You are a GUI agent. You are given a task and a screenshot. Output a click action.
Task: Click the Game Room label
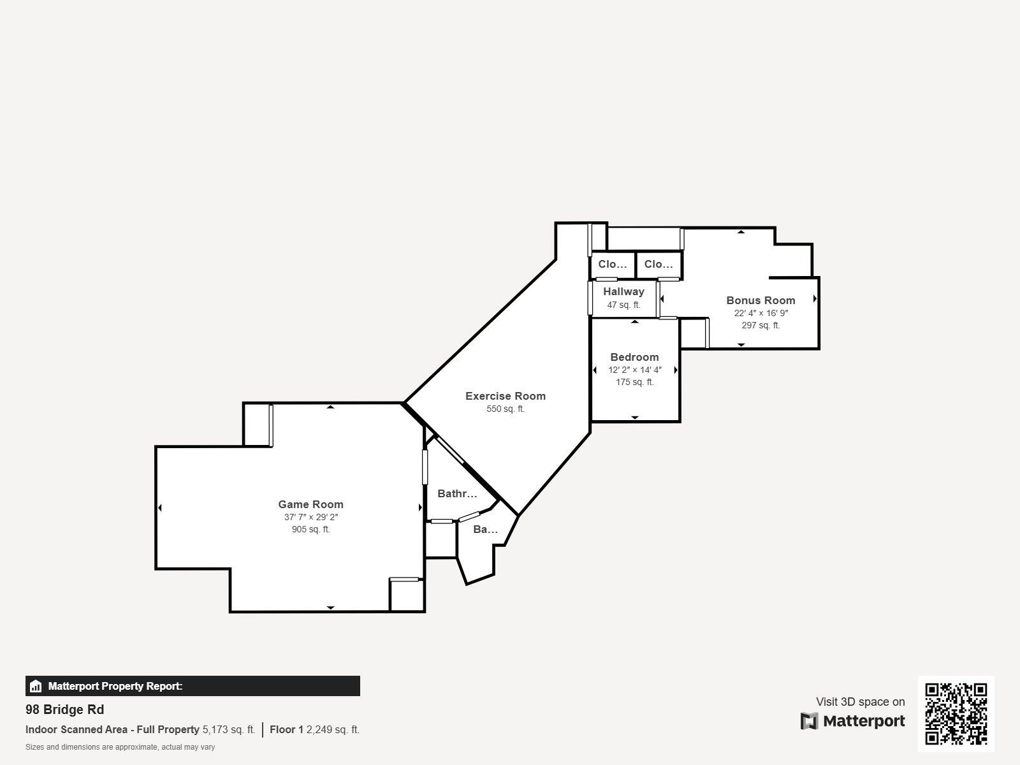click(310, 504)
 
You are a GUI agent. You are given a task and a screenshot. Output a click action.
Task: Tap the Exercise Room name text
click(505, 396)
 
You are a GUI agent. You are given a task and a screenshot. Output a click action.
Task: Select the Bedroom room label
click(634, 357)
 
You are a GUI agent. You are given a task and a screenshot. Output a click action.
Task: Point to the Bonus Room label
click(761, 300)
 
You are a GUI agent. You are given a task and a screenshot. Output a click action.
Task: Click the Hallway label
click(623, 291)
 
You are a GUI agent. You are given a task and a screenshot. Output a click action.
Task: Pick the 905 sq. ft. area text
click(310, 529)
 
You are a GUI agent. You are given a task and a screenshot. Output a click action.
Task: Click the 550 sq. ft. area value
click(505, 409)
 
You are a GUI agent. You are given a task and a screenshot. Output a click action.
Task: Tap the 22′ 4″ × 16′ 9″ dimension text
click(761, 313)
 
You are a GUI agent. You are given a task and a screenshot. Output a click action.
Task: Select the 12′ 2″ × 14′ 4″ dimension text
click(634, 370)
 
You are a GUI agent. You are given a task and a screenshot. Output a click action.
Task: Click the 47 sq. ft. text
click(623, 305)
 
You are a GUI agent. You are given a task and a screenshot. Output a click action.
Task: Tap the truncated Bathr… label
click(457, 493)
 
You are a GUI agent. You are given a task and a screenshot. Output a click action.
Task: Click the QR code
click(956, 713)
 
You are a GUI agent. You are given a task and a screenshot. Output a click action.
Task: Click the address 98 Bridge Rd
click(64, 710)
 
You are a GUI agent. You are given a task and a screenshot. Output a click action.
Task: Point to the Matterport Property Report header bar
click(193, 686)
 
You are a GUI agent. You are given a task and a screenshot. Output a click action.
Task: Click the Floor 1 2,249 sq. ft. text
click(314, 729)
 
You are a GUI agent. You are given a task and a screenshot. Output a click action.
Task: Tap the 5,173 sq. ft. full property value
click(228, 729)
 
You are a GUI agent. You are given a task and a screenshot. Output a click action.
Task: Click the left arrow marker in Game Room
click(159, 507)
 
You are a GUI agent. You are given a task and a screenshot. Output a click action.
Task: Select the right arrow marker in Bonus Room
click(815, 298)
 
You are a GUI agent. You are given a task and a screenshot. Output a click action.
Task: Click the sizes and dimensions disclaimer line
click(120, 747)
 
